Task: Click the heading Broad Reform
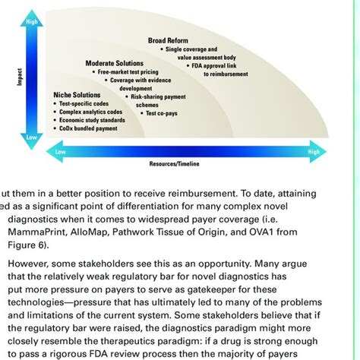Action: (168, 40)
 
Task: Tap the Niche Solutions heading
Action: (77, 95)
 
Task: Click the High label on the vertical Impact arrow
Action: (31, 22)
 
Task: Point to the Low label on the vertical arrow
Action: (31, 137)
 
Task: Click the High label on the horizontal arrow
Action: (313, 152)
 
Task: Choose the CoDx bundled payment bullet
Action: (88, 129)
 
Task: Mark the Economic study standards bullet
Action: (93, 121)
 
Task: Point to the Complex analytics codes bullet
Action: (92, 112)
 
